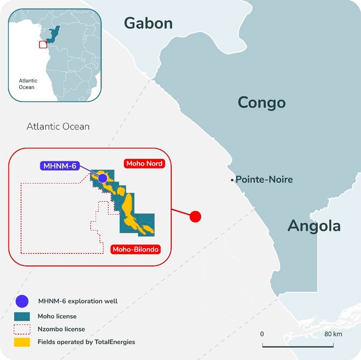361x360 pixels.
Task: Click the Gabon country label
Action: point(148,23)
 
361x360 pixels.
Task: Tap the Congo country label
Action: point(262,102)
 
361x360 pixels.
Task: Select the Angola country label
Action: point(314,225)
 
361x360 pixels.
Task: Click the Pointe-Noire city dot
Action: point(232,180)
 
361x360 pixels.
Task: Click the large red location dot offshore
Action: point(195,217)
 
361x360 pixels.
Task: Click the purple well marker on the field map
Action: point(103,178)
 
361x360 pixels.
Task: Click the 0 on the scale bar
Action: point(262,334)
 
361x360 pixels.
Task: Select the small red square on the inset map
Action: point(42,44)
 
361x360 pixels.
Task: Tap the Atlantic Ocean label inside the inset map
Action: point(27,83)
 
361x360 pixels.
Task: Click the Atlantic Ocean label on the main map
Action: point(58,127)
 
